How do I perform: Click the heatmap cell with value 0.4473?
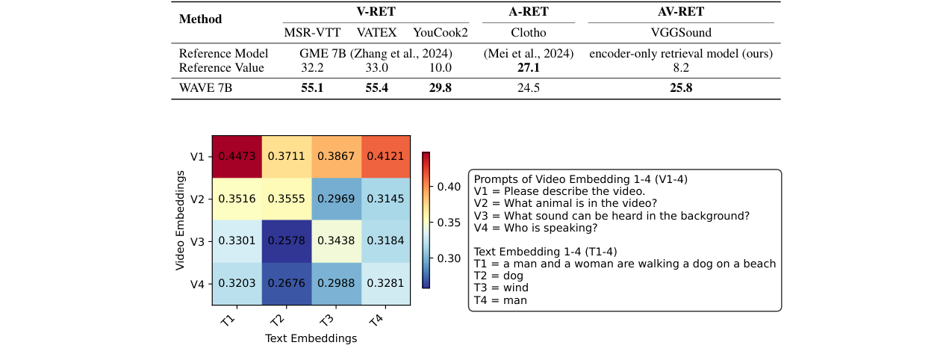pyautogui.click(x=237, y=157)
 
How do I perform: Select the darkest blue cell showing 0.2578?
pyautogui.click(x=287, y=241)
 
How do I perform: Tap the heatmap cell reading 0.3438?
pyautogui.click(x=336, y=241)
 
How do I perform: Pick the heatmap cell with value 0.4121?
pyautogui.click(x=385, y=157)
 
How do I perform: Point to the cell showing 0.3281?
pyautogui.click(x=385, y=284)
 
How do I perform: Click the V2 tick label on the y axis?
pyautogui.click(x=197, y=199)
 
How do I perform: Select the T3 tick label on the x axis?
pyautogui.click(x=326, y=320)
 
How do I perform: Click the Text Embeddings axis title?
pyautogui.click(x=311, y=338)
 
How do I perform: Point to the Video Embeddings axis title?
pyautogui.click(x=180, y=220)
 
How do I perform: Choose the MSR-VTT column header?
pyautogui.click(x=312, y=33)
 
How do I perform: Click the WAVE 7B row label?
pyautogui.click(x=205, y=88)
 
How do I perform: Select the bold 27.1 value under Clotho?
pyautogui.click(x=529, y=67)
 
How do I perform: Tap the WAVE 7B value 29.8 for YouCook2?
pyautogui.click(x=441, y=88)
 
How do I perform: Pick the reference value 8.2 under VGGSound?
pyautogui.click(x=681, y=67)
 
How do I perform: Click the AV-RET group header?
pyautogui.click(x=681, y=11)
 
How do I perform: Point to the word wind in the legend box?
pyautogui.click(x=516, y=288)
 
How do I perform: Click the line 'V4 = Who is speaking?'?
pyautogui.click(x=535, y=229)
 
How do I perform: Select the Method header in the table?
pyautogui.click(x=200, y=19)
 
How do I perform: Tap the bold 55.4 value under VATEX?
pyautogui.click(x=376, y=88)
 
